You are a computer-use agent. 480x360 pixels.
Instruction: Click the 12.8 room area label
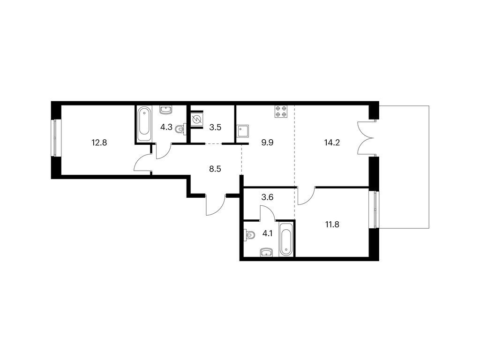pyautogui.click(x=99, y=142)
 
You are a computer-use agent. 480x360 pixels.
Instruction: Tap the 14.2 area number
pyautogui.click(x=332, y=142)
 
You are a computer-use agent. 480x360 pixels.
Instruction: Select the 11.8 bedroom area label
pyautogui.click(x=332, y=225)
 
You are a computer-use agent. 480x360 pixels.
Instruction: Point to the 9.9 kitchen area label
pyautogui.click(x=267, y=142)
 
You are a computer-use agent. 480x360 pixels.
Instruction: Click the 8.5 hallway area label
pyautogui.click(x=215, y=169)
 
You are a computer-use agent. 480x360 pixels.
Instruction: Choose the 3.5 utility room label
pyautogui.click(x=215, y=127)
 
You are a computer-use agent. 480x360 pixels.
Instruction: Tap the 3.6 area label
pyautogui.click(x=267, y=197)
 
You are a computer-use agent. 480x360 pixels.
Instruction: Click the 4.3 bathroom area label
pyautogui.click(x=166, y=127)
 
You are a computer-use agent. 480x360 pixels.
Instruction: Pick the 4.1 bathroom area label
pyautogui.click(x=267, y=234)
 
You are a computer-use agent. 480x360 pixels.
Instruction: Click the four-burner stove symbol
pyautogui.click(x=282, y=112)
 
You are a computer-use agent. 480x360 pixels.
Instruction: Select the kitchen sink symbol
pyautogui.click(x=243, y=132)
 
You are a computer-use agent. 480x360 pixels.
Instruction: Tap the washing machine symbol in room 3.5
pyautogui.click(x=196, y=120)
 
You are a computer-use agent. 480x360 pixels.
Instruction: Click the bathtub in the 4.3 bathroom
pyautogui.click(x=143, y=123)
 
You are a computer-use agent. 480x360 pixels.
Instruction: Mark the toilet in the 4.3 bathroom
pyautogui.click(x=180, y=129)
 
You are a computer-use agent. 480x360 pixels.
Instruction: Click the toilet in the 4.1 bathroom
pyautogui.click(x=249, y=236)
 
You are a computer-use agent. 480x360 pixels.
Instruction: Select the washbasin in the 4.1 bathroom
pyautogui.click(x=267, y=252)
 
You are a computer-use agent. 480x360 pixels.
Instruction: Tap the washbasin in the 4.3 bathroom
pyautogui.click(x=166, y=110)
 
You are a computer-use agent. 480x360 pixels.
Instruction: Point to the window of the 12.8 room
pyautogui.click(x=55, y=138)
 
